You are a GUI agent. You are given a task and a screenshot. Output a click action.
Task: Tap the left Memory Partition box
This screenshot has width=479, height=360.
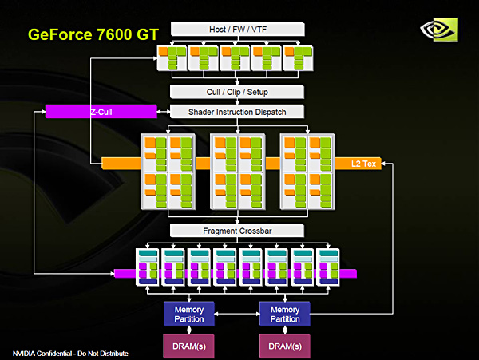188,314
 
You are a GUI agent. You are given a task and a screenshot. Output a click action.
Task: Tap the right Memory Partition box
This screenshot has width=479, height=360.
285,314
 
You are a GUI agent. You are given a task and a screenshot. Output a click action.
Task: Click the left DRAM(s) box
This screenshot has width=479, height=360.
188,346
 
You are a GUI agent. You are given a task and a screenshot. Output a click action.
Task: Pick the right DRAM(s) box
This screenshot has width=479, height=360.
285,346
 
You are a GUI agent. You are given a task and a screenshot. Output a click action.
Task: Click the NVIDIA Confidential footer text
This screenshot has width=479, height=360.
69,353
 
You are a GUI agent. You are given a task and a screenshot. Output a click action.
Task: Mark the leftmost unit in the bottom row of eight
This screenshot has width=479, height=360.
148,267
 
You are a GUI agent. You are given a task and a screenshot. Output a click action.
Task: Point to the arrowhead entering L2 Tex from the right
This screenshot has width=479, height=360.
383,164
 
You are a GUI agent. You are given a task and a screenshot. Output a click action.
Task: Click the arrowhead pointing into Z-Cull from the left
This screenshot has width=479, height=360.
42,112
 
